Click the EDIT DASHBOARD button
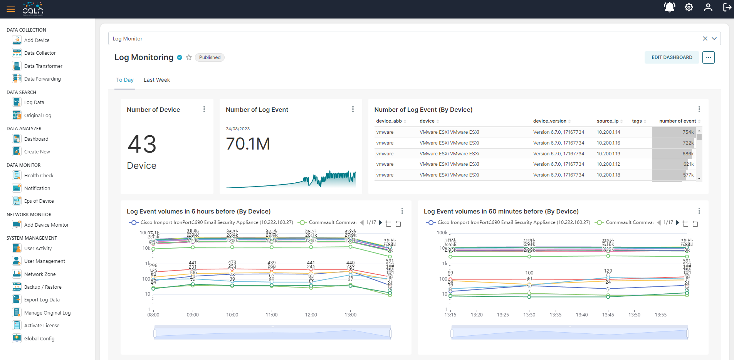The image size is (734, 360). (x=672, y=57)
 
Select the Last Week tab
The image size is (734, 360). (x=156, y=80)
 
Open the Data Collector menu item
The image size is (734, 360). (x=40, y=53)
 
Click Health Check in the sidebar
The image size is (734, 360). (x=39, y=175)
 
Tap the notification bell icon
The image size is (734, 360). (x=669, y=7)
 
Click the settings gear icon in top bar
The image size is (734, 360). (x=689, y=7)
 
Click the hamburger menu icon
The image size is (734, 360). (x=11, y=9)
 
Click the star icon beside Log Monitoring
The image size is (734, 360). (x=189, y=57)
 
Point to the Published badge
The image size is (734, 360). (x=210, y=57)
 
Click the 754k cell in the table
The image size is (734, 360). (x=688, y=132)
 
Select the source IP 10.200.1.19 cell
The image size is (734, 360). (x=608, y=153)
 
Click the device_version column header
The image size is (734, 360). (x=549, y=121)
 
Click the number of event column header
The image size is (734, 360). (x=677, y=121)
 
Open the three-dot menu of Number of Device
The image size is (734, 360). (x=204, y=109)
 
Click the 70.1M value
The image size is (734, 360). (x=248, y=144)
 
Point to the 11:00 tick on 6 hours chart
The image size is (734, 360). (x=272, y=315)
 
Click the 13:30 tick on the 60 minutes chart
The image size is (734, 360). (x=529, y=315)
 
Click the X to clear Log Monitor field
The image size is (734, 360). (x=705, y=39)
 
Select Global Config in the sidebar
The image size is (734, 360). (x=39, y=338)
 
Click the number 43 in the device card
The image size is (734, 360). (x=142, y=144)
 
